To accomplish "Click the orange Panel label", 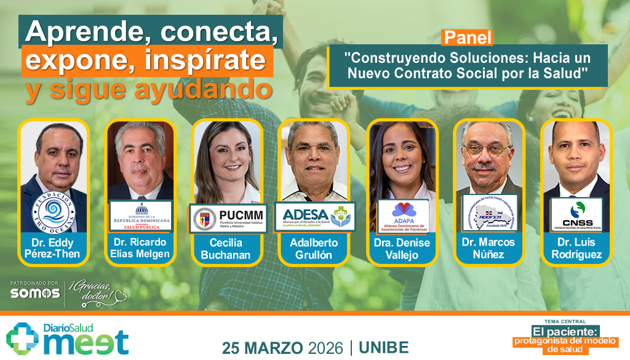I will (468, 37).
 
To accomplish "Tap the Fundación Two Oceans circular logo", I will (53, 212).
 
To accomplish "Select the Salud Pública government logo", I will (141, 215).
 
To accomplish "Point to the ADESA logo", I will (315, 215).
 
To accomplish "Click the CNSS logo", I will (576, 215).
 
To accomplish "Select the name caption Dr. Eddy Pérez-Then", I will (53, 247).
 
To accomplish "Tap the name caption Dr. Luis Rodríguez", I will (576, 248).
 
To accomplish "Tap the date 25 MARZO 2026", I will (282, 347).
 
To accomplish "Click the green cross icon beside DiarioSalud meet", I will (22, 339).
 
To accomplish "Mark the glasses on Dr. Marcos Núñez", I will (488, 149).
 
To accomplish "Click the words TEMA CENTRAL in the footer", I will (565, 321).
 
